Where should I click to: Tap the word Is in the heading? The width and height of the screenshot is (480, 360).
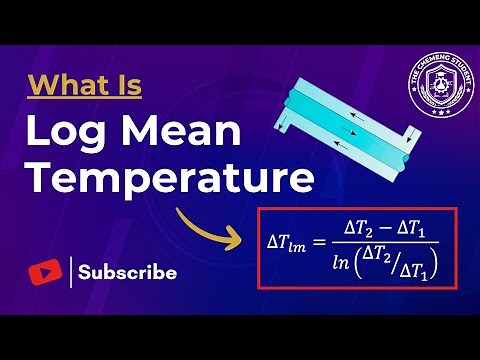pos(126,84)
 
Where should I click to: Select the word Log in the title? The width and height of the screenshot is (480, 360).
pos(69,132)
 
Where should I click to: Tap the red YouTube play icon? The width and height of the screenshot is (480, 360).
pos(42,272)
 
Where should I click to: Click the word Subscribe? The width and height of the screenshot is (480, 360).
pos(128,272)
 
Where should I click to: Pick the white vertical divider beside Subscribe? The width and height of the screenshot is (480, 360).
pos(71,272)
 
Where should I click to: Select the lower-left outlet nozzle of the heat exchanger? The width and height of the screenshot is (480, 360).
pos(283,125)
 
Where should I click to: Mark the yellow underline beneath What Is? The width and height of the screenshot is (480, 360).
pos(84,99)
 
